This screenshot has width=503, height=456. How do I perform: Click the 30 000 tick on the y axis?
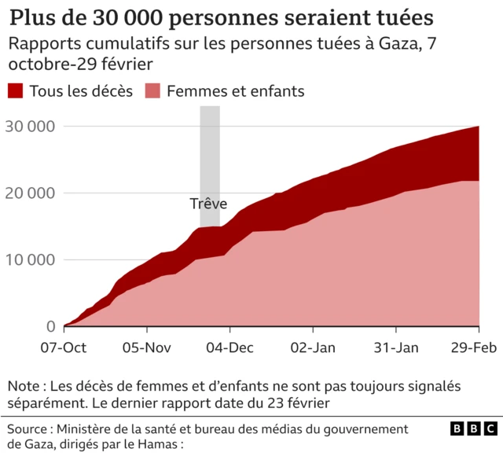(x=30, y=127)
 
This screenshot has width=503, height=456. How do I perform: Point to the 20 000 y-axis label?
(x=30, y=193)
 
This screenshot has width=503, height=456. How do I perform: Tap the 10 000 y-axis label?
(x=30, y=260)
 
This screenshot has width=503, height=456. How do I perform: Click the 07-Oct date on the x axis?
(x=64, y=347)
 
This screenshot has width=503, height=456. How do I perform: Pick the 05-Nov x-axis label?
(x=147, y=347)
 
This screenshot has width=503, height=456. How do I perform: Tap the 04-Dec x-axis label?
(x=229, y=347)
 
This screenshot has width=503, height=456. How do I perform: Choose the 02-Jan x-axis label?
(x=313, y=347)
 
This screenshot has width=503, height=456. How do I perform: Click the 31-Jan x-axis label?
(x=395, y=347)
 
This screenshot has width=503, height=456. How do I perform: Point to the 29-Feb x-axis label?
(x=472, y=347)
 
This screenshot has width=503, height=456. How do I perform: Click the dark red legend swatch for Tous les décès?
(x=16, y=91)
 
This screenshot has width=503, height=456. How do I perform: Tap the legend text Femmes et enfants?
(x=236, y=91)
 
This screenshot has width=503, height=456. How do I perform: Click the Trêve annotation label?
(x=208, y=204)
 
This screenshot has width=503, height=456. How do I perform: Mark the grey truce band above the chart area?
(x=210, y=149)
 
